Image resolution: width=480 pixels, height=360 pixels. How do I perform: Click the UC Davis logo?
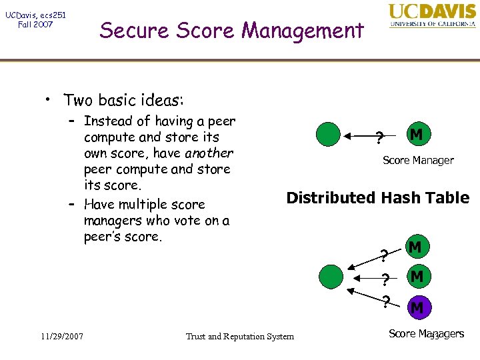point(432,16)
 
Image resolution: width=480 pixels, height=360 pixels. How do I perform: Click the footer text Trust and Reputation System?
point(239,336)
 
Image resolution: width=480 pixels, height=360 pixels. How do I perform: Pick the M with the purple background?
point(416,308)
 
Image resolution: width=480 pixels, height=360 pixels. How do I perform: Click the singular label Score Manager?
point(418,160)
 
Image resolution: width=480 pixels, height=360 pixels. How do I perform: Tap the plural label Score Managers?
point(426,333)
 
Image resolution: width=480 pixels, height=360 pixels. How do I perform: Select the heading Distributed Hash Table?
point(377,198)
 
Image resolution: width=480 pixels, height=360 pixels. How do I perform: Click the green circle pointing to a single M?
point(328,135)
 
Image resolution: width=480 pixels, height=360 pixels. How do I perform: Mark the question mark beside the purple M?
point(385,302)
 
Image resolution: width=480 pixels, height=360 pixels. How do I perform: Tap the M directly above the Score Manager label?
point(416,135)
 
